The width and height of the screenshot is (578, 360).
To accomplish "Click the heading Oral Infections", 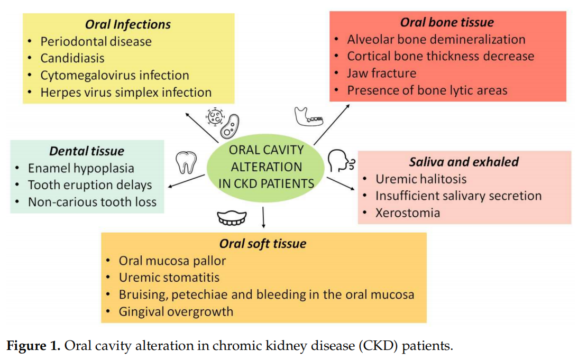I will tap(128, 24).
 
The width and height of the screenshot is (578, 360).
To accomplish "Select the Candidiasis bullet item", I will tap(72, 58).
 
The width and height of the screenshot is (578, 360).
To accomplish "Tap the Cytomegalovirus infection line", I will tap(115, 75).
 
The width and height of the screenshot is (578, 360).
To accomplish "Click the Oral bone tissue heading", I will tap(447, 22).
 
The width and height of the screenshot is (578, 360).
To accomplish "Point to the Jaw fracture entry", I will tap(381, 73).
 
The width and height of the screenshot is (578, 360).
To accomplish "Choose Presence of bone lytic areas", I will tap(427, 90).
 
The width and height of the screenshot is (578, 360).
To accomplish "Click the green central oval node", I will tap(266, 167).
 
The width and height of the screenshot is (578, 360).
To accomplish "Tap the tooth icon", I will tap(186, 162).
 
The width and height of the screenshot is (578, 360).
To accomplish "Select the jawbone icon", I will tap(308, 117).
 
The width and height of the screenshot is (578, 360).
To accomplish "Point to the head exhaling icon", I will tap(339, 160).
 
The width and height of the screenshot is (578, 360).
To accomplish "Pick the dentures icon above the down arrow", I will tap(232, 217).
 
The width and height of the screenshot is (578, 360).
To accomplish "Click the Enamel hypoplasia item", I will tap(81, 168).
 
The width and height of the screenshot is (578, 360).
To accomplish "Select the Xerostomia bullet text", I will tap(407, 213).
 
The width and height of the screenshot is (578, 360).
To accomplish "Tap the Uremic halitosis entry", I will tap(421, 179).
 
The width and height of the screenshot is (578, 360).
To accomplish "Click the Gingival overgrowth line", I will tap(176, 311).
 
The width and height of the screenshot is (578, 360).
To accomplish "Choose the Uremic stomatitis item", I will tap(169, 277).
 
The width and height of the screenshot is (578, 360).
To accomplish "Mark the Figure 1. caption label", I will tap(33, 346).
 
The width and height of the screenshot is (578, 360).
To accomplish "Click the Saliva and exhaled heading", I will tap(464, 162).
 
